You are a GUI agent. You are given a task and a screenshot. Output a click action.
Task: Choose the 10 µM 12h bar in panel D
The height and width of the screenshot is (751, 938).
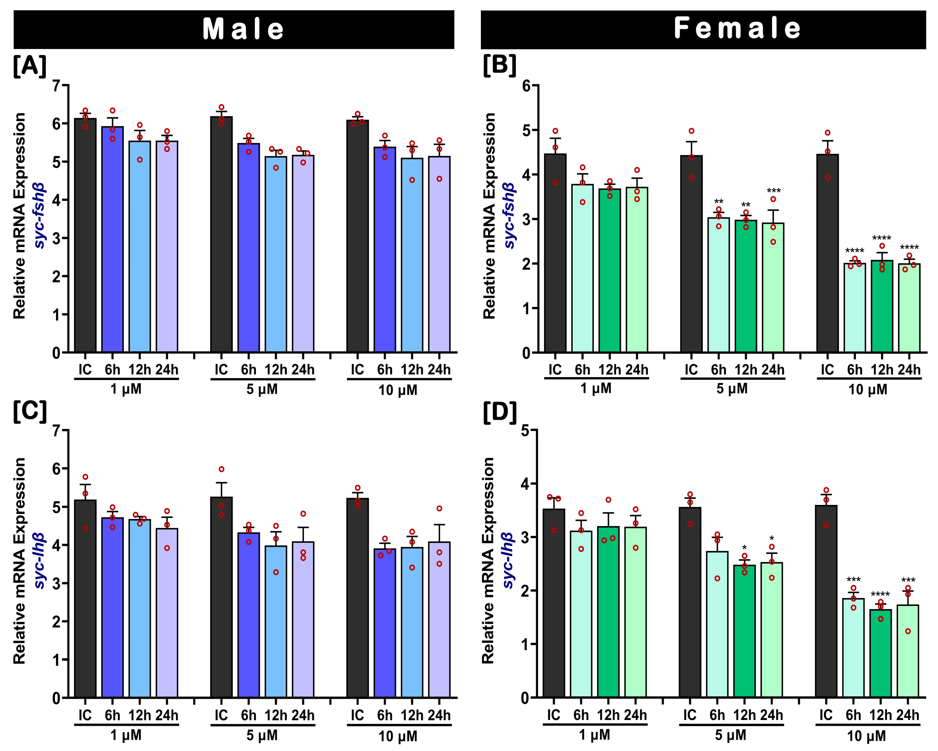tap(881, 653)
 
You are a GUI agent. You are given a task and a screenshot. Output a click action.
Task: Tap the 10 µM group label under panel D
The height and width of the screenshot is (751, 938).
tap(867, 736)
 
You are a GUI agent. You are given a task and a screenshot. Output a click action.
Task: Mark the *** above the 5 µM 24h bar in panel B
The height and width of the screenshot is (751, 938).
tap(773, 191)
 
